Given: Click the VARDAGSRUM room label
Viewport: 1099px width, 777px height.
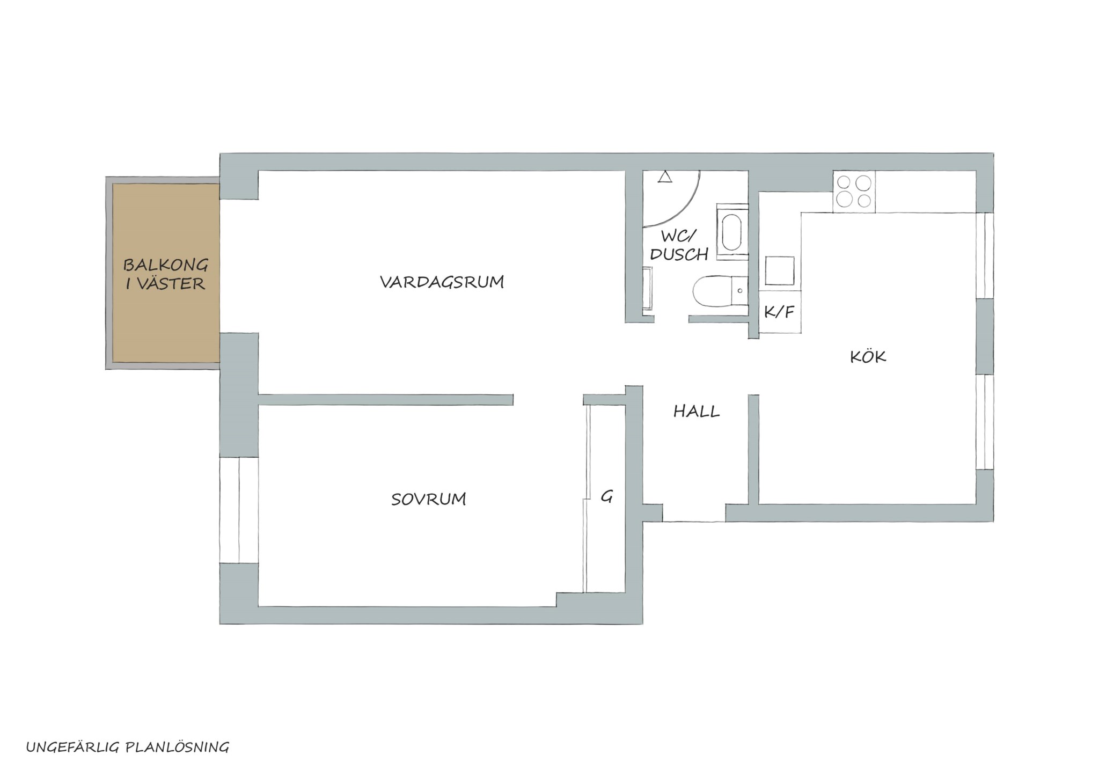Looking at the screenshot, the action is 442,282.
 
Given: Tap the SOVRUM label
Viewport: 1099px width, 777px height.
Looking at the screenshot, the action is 428,499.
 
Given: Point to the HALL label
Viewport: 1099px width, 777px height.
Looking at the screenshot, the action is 696,411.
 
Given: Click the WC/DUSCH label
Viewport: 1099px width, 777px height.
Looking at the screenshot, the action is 679,245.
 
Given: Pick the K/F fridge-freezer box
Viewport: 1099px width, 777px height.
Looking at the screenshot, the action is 780,312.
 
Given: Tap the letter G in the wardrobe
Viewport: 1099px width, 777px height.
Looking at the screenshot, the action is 606,496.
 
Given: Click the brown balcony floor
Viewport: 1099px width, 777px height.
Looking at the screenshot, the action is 166,273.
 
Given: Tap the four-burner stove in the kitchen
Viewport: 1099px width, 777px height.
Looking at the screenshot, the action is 854,192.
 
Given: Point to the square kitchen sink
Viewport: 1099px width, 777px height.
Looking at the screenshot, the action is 779,270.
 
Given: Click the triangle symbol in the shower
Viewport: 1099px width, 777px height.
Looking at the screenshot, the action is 665,177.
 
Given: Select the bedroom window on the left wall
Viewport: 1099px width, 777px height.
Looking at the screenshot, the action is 239,510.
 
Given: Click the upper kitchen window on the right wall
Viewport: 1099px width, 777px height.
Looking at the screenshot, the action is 985,255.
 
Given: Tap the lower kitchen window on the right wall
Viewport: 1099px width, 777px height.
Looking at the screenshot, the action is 985,422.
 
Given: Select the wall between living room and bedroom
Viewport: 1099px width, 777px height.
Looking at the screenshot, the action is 386,400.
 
